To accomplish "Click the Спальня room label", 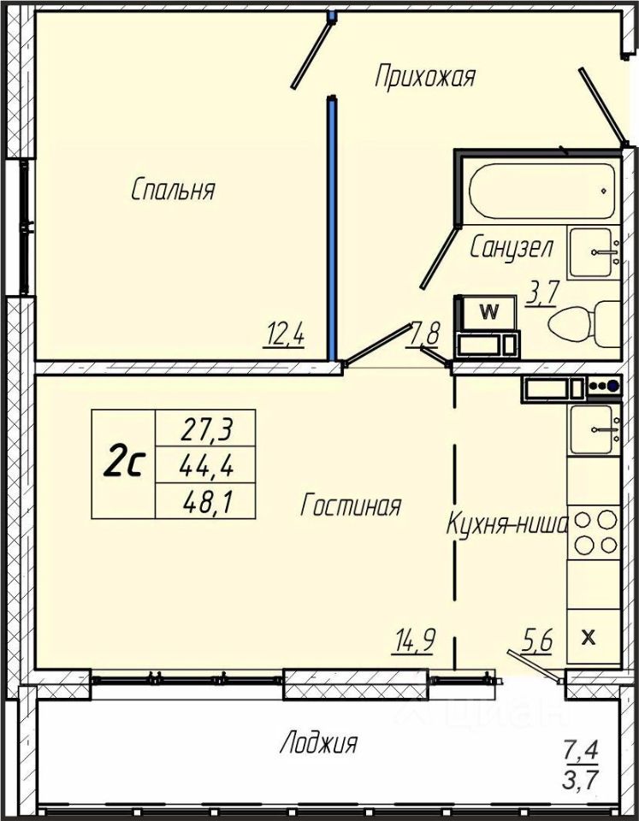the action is click(173, 190).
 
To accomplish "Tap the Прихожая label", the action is click(425, 77).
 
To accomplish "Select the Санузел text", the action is click(512, 247).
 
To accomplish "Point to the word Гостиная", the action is click(351, 505).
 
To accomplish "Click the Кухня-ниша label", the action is click(507, 523).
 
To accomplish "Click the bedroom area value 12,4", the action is click(286, 334).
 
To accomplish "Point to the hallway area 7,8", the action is click(424, 334).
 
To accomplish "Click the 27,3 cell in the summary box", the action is click(206, 428).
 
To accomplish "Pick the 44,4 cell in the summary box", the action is click(206, 465).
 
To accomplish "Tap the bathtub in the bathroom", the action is click(542, 191).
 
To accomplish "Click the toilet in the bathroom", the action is click(583, 323).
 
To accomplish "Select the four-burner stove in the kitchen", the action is click(595, 533).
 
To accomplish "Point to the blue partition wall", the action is click(331, 228).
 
